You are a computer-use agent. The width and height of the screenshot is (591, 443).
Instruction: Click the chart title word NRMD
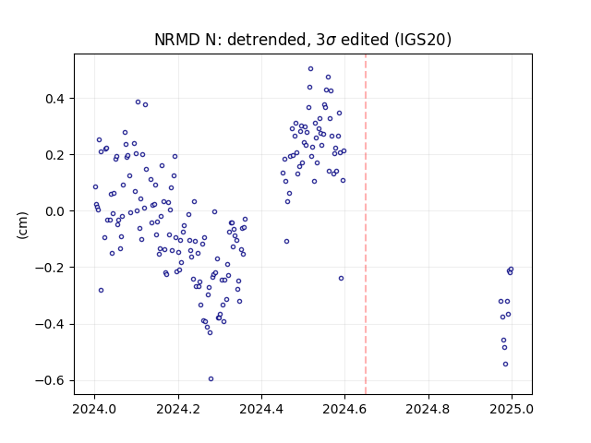tap(176, 39)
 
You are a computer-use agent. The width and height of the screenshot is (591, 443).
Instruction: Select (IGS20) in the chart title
tap(423, 39)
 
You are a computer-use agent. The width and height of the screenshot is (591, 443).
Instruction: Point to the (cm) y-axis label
tap(22, 225)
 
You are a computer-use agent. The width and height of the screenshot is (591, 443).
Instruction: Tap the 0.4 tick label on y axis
tap(55, 99)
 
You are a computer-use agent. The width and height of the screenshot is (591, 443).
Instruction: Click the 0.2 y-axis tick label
tap(55, 155)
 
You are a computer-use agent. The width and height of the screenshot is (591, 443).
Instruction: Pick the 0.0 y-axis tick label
tap(55, 211)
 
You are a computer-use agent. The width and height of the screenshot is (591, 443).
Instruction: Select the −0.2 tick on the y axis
tap(50, 268)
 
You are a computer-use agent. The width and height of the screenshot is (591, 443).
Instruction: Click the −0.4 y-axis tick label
tap(50, 324)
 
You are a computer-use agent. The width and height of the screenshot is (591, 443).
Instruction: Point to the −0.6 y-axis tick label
tap(50, 380)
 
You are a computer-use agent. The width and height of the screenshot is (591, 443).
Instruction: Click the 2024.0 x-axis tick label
tap(94, 409)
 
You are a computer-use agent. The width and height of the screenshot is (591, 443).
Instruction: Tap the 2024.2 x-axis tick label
tap(178, 409)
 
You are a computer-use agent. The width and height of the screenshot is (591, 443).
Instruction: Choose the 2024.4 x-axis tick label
tap(261, 409)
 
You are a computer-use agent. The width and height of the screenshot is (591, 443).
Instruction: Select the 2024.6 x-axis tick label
tap(344, 409)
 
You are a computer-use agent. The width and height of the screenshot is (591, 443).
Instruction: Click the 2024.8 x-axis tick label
tap(428, 409)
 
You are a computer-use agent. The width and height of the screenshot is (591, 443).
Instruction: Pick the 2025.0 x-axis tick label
tap(512, 409)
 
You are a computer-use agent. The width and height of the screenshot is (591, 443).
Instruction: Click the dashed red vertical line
tap(366, 224)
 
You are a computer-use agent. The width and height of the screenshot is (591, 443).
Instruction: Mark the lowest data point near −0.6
tap(211, 379)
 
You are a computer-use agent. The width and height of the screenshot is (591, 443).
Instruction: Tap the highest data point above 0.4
tap(310, 69)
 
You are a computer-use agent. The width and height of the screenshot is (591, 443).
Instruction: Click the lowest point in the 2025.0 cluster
tap(505, 365)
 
